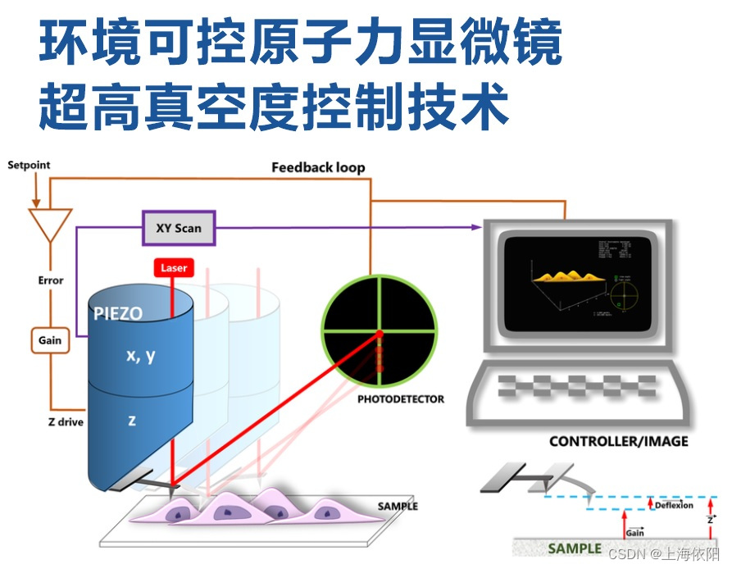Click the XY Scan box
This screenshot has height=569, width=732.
[x=178, y=228]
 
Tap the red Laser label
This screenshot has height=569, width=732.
[x=173, y=268]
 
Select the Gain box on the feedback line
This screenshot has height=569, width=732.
[x=50, y=340]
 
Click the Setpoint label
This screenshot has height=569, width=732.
[x=29, y=165]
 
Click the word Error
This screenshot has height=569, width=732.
[x=51, y=280]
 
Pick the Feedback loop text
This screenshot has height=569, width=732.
[x=318, y=167]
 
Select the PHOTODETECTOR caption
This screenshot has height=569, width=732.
[x=401, y=399]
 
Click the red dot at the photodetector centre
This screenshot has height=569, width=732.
[x=380, y=332]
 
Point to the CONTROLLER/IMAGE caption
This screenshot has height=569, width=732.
[x=618, y=441]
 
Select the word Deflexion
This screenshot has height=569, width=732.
[x=675, y=505]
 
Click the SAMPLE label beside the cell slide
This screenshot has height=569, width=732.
[x=398, y=506]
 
